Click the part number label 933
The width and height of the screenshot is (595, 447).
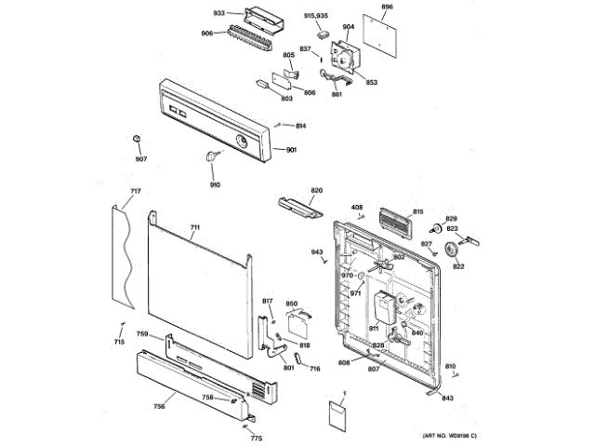point(219,13)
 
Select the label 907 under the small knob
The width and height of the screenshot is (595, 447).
point(140,158)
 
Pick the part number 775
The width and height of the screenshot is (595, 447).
point(256,438)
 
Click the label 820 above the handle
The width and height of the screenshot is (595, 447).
point(316,191)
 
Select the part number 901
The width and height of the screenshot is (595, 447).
point(291,151)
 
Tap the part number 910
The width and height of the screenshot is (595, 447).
point(215,184)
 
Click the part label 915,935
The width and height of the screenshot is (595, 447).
point(316,16)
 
